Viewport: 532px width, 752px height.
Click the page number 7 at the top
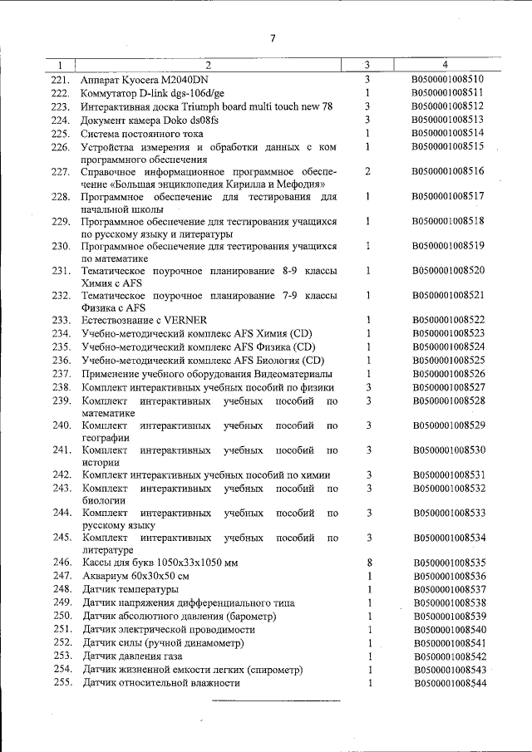[x=272, y=37]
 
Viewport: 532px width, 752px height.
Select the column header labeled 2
[x=209, y=65]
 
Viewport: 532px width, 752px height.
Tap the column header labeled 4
[x=446, y=65]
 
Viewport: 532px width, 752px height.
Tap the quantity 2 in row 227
[x=367, y=171]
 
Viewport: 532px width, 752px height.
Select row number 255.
[x=62, y=682]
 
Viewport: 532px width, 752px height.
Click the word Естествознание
[x=121, y=320]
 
